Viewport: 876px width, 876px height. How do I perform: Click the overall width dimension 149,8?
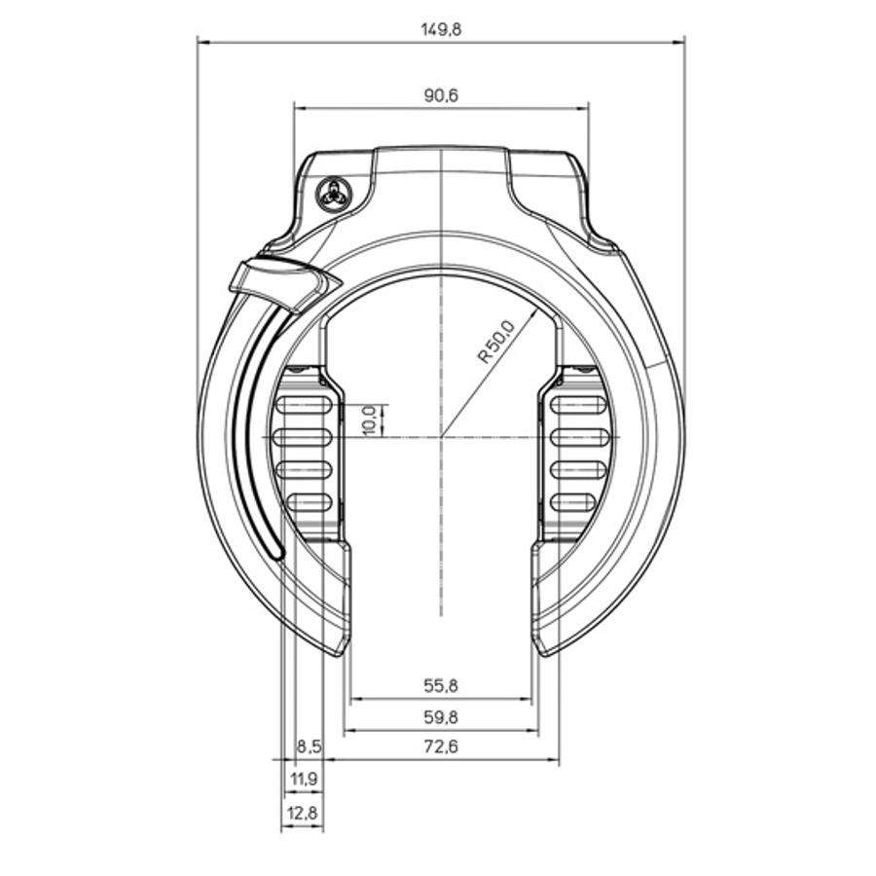(x=441, y=29)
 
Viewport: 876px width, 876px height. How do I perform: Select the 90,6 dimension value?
(x=441, y=95)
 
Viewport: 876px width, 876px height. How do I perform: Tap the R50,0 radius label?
(x=496, y=342)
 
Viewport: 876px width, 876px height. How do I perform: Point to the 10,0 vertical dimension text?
(x=370, y=420)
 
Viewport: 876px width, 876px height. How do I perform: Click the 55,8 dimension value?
(x=441, y=685)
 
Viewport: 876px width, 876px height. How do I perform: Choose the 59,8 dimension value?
(x=441, y=716)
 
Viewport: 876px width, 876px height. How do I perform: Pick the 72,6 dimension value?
(x=441, y=746)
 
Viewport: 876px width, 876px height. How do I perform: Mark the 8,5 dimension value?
(x=309, y=747)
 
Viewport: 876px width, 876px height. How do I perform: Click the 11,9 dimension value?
(x=305, y=779)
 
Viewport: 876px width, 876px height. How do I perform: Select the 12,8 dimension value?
(x=303, y=813)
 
